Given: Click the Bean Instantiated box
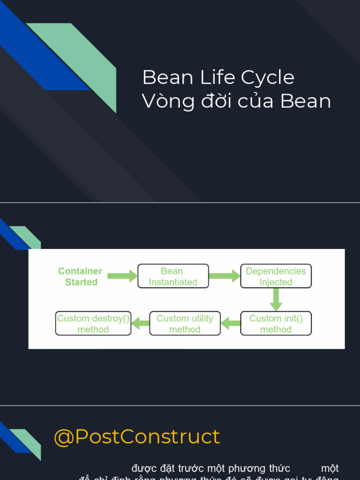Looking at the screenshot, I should (173, 276).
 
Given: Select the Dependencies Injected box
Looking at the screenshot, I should (276, 276).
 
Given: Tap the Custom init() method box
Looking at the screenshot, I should (276, 323).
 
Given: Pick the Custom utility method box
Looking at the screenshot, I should (185, 323).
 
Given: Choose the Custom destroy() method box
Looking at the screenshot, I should (93, 323).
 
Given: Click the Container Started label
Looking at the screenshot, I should (81, 277).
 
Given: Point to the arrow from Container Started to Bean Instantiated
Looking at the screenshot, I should (122, 276).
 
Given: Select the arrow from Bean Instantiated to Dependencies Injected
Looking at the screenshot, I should (224, 276).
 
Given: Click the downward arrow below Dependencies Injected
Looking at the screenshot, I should (276, 299).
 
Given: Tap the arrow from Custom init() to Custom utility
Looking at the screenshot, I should (231, 323).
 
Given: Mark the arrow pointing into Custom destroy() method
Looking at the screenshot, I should (140, 323).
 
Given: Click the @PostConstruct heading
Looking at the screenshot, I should (136, 437).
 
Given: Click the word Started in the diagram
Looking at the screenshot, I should (82, 282).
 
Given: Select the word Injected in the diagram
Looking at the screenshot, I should (276, 282).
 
